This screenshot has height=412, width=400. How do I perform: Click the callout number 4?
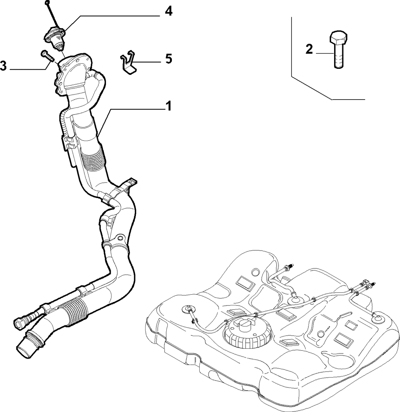[169, 11]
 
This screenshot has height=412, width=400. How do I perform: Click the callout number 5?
[169, 58]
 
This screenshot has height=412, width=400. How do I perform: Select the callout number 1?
[168, 106]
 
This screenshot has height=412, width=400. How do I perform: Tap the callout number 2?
[309, 49]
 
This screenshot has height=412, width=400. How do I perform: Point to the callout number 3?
[3, 66]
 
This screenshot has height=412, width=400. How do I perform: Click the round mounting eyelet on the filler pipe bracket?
[120, 238]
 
